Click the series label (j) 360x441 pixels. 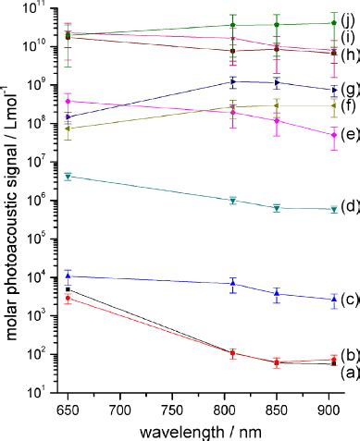coord(349,18)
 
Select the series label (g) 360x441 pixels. coord(349,91)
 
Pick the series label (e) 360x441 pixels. coord(349,136)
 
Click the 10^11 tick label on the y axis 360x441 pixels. coord(34,8)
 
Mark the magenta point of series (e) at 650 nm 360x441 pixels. coord(68,101)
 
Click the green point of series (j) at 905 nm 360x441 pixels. coord(333,23)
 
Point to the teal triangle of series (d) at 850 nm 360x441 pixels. coord(277,208)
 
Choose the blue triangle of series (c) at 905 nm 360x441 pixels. coord(333,299)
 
